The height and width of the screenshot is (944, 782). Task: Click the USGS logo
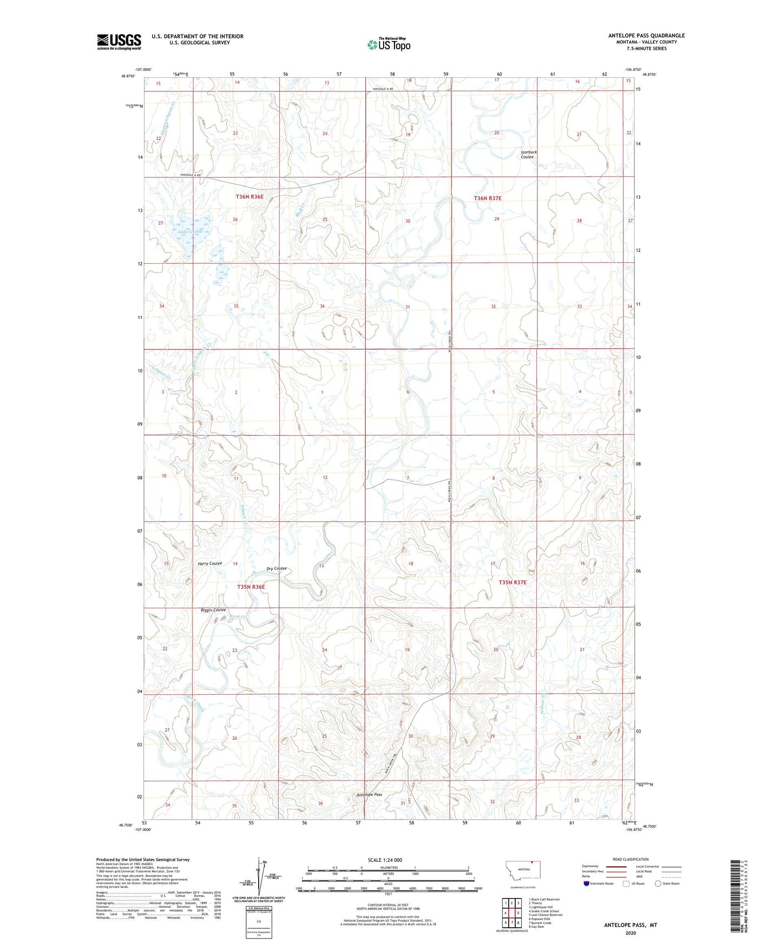click(119, 41)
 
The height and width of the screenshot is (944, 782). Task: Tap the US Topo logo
click(388, 44)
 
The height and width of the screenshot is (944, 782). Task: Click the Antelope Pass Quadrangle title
click(646, 36)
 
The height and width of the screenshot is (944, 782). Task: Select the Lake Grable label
click(190, 231)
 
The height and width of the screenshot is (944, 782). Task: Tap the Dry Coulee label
click(277, 568)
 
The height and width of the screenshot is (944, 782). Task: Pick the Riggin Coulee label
click(213, 610)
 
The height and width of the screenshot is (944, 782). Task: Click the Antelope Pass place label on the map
click(370, 795)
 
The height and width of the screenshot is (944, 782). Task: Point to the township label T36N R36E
click(249, 197)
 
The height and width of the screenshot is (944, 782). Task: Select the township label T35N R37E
click(512, 582)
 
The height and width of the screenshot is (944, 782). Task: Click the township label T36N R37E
click(488, 198)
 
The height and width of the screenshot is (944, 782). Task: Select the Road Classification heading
click(630, 859)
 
